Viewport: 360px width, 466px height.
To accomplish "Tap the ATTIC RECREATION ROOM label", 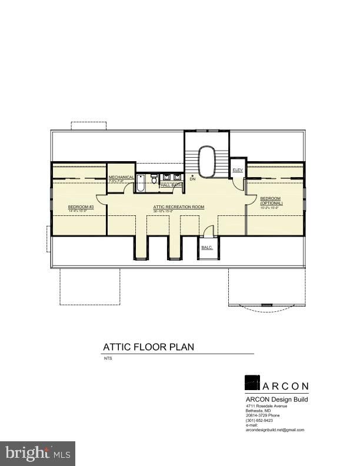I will coord(179,207).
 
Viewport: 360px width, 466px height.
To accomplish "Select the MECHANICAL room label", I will coord(122,177).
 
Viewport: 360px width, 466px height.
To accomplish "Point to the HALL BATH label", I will coord(171,185).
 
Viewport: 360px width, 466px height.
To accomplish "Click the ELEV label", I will coord(238,170).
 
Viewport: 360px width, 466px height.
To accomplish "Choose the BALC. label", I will coord(206,248).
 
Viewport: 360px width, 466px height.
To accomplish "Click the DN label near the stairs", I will coord(192,179).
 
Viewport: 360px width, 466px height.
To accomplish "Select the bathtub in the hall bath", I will coord(142,185).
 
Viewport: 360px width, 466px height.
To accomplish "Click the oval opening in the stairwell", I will coord(207,161).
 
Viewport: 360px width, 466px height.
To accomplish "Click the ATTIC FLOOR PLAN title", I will coord(148,347).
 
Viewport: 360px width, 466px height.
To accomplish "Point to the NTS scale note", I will coord(108,358).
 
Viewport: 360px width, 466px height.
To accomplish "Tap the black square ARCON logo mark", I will coord(253,382).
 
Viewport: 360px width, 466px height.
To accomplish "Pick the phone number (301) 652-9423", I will coord(260,421).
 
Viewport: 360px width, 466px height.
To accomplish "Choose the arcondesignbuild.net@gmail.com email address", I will coord(275,430).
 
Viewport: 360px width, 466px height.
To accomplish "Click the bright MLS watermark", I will coord(38,453).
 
